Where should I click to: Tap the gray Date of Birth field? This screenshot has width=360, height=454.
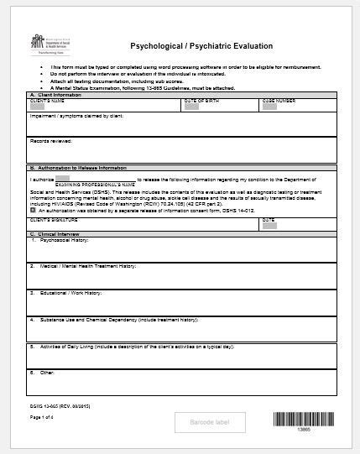[191, 107]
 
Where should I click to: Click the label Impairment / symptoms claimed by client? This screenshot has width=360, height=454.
[77, 117]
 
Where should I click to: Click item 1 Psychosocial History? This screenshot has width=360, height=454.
[60, 240]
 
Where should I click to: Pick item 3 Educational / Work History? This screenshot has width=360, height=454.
[67, 293]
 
